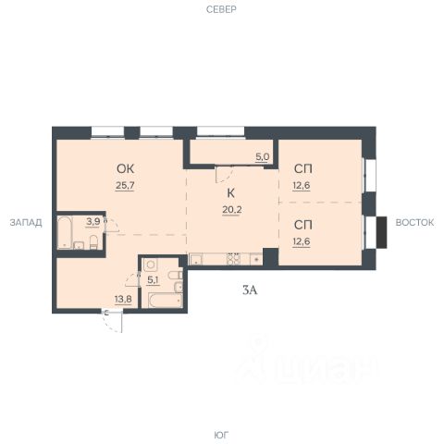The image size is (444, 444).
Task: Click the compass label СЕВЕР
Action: tap(221, 9)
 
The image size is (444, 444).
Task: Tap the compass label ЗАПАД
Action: tap(26, 222)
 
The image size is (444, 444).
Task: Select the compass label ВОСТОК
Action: tap(414, 222)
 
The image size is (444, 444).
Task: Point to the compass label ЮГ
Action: tap(221, 435)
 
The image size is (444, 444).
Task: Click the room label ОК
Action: tap(125, 168)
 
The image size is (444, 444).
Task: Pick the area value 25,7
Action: tap(125, 186)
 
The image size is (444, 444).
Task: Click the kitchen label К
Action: tap(230, 193)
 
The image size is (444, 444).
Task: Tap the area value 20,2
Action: tap(232, 210)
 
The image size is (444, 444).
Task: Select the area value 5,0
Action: tap(262, 157)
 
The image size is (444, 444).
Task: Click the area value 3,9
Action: tap(93, 221)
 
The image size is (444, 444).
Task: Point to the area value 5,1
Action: tap(154, 280)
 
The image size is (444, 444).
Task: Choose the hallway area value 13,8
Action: tap(123, 299)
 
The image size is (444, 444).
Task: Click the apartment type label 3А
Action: tap(250, 290)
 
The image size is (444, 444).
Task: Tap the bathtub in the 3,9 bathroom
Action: tap(65, 232)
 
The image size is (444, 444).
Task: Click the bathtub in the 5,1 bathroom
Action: tap(166, 301)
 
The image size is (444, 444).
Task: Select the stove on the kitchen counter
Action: tap(233, 259)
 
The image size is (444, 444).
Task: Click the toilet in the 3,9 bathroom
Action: tap(93, 242)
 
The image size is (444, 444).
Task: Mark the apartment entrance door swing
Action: tap(113, 322)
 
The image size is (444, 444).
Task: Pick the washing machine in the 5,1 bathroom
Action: tap(151, 265)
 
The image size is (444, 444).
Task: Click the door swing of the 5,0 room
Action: tap(224, 175)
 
